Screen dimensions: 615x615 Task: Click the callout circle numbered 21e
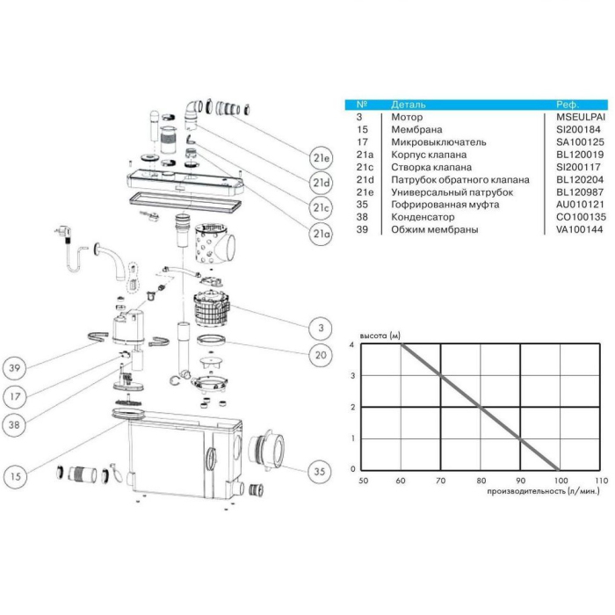[321, 157]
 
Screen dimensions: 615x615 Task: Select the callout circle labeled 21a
[321, 234]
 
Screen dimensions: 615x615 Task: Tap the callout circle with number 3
[321, 328]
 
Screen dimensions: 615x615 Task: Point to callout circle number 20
[321, 355]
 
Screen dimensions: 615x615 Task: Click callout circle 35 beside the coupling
[320, 472]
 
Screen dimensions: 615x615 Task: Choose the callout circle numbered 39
[15, 368]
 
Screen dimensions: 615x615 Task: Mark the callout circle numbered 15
[15, 476]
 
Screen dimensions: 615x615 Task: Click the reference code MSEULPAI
[581, 117]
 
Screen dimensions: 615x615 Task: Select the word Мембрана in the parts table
[416, 129]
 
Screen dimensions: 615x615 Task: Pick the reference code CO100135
[581, 217]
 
